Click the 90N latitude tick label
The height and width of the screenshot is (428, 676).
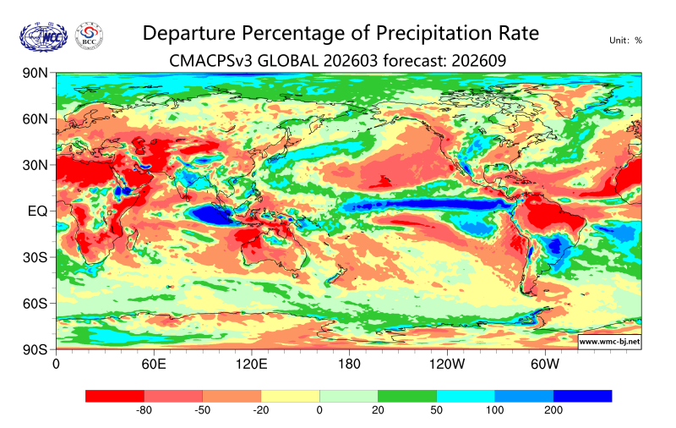coord(35,74)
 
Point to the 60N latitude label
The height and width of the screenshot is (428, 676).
coord(35,119)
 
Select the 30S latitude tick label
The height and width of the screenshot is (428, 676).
coord(35,257)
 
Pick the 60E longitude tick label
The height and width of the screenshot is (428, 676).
coord(153,365)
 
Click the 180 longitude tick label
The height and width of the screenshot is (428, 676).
coord(348,365)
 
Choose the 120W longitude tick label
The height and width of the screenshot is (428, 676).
coord(447,365)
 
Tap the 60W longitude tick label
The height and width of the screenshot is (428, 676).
coord(545,365)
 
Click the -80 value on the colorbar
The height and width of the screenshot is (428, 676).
coord(144,410)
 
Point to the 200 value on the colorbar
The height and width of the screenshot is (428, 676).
coord(553,410)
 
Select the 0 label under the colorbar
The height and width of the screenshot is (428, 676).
coord(319,410)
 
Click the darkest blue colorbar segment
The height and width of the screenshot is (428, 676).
coord(582,396)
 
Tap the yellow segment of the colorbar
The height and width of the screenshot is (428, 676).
coord(290,396)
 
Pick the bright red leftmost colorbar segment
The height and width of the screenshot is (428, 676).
coord(115,396)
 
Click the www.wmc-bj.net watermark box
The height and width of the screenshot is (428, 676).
coord(608,342)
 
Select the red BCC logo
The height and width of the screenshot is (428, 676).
coord(90,36)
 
